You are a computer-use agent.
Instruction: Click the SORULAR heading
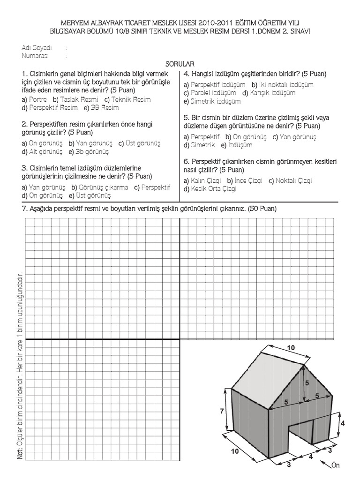point(180,63)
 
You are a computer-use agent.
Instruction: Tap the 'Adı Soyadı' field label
point(37,48)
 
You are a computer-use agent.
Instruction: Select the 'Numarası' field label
point(35,55)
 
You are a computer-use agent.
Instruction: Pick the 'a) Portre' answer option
point(34,100)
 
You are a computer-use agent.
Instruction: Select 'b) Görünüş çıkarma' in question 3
point(99,187)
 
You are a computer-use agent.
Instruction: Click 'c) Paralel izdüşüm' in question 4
point(210,93)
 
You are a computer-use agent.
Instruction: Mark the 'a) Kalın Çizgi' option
point(203,181)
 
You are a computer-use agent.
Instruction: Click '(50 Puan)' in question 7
point(263,208)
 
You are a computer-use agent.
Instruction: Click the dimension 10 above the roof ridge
point(291,348)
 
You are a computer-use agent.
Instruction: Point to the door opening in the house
point(300,438)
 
